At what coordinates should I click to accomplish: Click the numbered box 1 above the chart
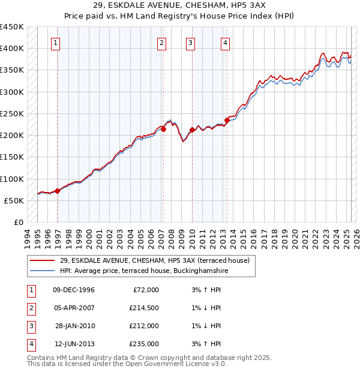tap(56, 43)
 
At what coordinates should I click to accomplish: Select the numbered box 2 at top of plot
tap(162, 43)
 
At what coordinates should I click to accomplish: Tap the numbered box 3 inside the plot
tap(190, 43)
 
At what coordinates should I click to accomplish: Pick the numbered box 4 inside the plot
tap(224, 43)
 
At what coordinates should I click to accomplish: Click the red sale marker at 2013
tap(227, 120)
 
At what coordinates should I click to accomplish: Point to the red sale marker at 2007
tap(163, 129)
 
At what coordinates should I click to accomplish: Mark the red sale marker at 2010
tap(192, 130)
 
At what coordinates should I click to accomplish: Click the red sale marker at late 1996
tap(58, 191)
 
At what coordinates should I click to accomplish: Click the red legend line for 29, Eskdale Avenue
tap(41, 260)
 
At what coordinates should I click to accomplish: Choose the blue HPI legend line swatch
tap(41, 271)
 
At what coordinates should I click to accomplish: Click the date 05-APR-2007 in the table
tap(74, 308)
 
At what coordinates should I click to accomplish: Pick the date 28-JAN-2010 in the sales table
tap(74, 326)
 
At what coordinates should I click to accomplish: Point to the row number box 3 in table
tap(30, 326)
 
